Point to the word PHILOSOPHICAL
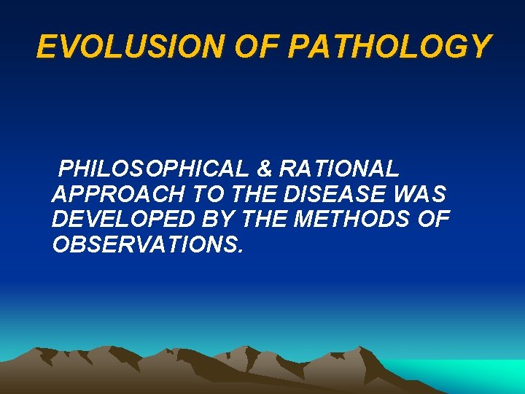[x=155, y=169]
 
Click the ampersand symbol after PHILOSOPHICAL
[x=265, y=169]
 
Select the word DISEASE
[x=336, y=195]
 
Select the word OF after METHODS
[x=434, y=220]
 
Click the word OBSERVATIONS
[x=143, y=244]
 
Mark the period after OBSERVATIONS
[x=238, y=251]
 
